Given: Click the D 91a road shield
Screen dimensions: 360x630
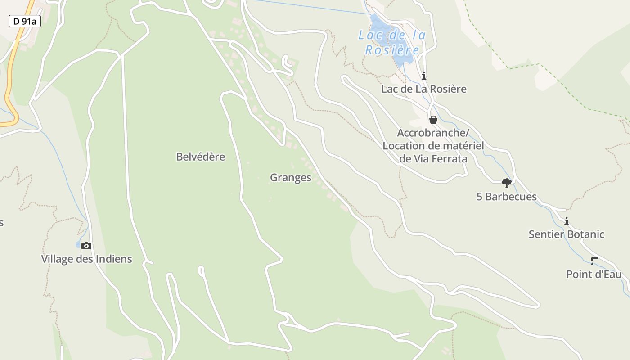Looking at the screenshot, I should click(x=24, y=21).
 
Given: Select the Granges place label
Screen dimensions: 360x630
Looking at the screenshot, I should click(x=290, y=178).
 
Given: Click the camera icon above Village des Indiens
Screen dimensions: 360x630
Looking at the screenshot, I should click(x=86, y=246).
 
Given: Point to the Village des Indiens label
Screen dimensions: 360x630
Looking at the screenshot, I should click(x=86, y=259).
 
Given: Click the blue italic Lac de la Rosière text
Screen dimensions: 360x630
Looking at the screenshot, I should click(x=392, y=42).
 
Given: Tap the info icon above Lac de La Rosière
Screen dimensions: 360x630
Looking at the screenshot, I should click(x=423, y=76).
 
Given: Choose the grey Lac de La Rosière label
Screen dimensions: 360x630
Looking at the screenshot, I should click(x=423, y=89).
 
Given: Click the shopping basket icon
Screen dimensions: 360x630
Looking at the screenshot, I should click(x=433, y=120).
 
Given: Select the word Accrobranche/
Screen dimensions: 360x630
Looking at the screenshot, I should click(x=433, y=133).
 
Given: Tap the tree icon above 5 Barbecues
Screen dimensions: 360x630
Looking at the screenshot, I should click(x=506, y=183).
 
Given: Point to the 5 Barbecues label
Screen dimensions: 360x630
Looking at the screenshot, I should click(x=506, y=197).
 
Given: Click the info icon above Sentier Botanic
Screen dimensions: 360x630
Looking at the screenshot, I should click(x=567, y=221).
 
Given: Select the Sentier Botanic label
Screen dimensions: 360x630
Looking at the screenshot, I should click(x=566, y=234).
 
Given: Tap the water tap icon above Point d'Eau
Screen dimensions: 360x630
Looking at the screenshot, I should click(x=594, y=261).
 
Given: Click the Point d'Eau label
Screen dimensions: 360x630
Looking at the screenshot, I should click(x=594, y=274).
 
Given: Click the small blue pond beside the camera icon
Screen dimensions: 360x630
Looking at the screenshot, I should click(x=78, y=245).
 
